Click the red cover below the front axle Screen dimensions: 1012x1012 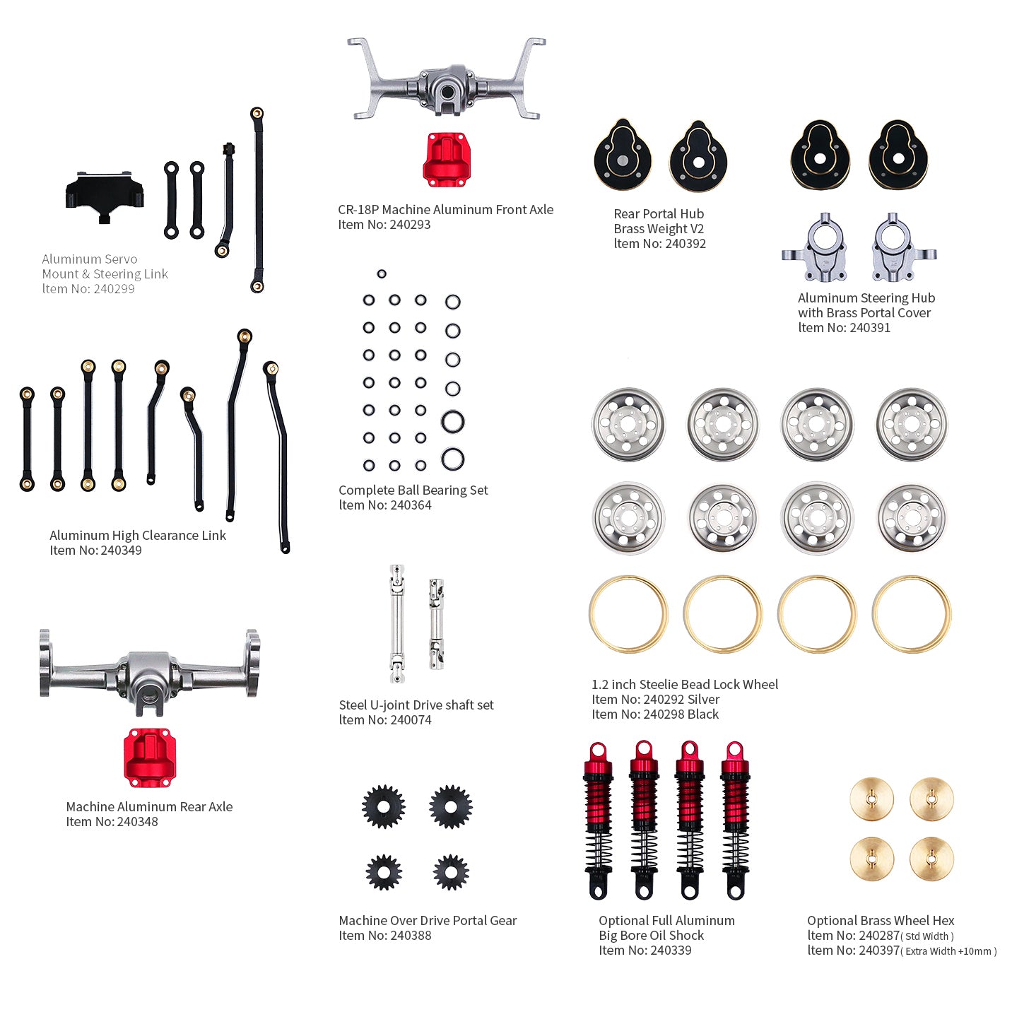(445, 159)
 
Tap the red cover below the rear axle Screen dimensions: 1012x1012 (150, 756)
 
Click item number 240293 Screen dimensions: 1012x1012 (409, 225)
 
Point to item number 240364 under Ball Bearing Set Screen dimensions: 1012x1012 (410, 505)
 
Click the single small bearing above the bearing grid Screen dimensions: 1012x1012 (382, 273)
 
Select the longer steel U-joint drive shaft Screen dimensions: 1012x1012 (397, 623)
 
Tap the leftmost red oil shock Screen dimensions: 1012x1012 (599, 820)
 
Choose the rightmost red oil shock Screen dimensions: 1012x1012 (735, 820)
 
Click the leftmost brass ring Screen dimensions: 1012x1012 (628, 613)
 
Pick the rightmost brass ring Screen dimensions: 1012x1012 (912, 613)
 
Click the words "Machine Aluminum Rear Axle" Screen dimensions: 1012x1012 (149, 806)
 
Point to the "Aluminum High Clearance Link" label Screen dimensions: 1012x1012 (138, 536)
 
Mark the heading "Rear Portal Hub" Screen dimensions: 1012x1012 (659, 213)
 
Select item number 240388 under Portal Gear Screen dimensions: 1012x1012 (411, 936)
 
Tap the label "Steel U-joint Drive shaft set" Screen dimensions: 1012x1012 (416, 705)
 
